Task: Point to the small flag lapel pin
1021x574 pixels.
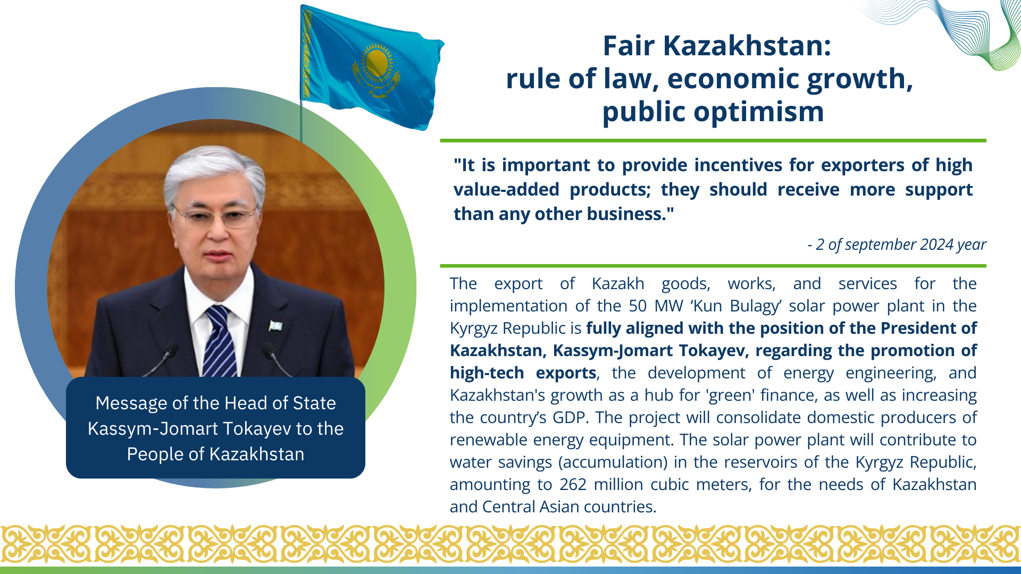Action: pos(275,325)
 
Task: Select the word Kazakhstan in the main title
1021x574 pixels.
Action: pos(747,46)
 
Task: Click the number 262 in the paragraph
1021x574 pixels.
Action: pos(573,485)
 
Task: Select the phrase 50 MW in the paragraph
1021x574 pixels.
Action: pos(657,306)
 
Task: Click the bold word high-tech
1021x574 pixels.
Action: pos(487,373)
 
